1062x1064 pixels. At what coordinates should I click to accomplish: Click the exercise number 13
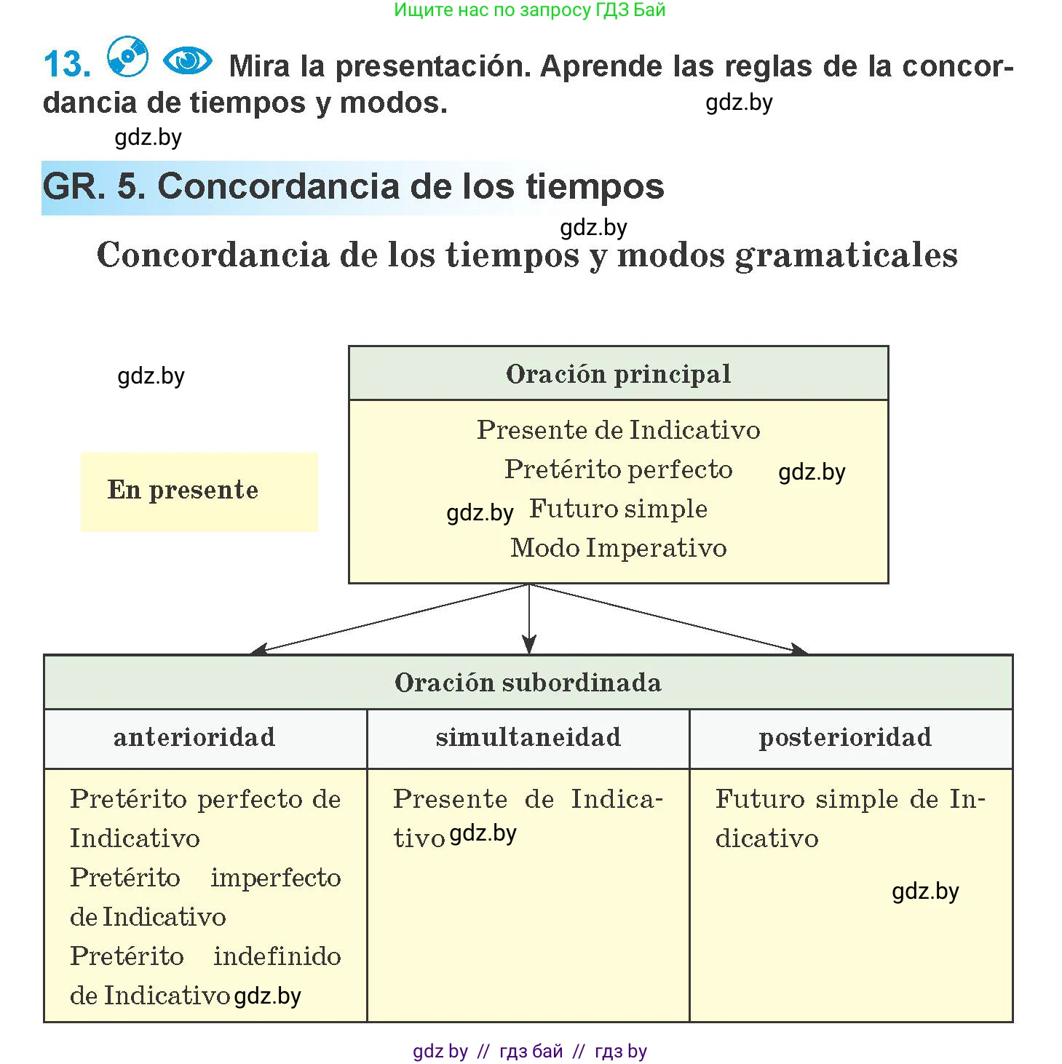pyautogui.click(x=67, y=64)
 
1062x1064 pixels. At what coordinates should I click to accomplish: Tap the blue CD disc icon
pyautogui.click(x=127, y=56)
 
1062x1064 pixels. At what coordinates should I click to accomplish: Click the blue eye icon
pyautogui.click(x=187, y=60)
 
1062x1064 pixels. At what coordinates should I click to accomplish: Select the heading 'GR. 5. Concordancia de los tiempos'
pyautogui.click(x=353, y=186)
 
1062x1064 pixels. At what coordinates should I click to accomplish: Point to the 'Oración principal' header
pyautogui.click(x=618, y=374)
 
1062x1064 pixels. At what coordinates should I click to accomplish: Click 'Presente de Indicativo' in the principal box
pyautogui.click(x=618, y=430)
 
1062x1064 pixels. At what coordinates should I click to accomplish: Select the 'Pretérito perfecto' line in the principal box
pyautogui.click(x=618, y=469)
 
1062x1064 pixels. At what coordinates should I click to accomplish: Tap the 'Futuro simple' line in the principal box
pyautogui.click(x=618, y=509)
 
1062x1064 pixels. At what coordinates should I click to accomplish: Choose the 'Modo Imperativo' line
pyautogui.click(x=618, y=548)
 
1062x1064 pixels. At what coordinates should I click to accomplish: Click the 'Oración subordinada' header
pyautogui.click(x=528, y=683)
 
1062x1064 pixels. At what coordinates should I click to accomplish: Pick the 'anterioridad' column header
pyautogui.click(x=194, y=737)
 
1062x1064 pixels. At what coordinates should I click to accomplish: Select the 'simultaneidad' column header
pyautogui.click(x=528, y=737)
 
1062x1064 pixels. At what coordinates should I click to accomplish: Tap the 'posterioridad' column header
pyautogui.click(x=844, y=737)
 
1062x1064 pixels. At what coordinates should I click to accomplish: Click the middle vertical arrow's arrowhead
pyautogui.click(x=529, y=645)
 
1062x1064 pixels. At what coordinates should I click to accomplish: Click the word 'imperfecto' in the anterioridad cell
pyautogui.click(x=275, y=878)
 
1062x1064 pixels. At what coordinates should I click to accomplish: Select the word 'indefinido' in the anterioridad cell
pyautogui.click(x=277, y=956)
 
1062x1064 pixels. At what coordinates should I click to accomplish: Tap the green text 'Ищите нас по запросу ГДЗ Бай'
pyautogui.click(x=529, y=10)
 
